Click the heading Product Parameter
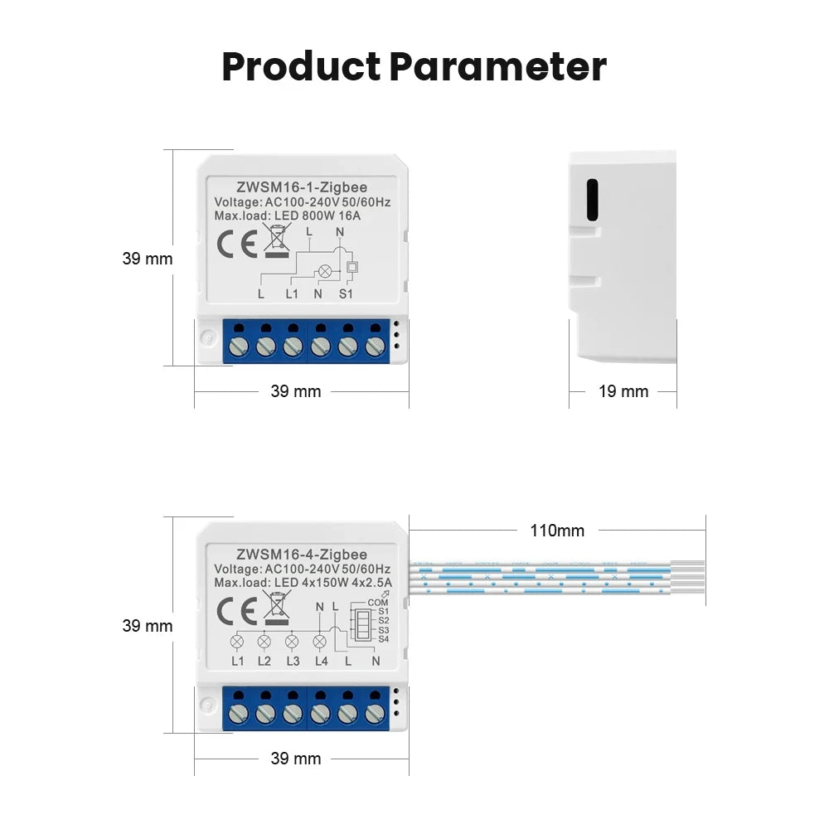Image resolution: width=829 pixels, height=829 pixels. point(414,66)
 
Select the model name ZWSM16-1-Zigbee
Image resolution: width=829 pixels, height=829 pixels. point(302,187)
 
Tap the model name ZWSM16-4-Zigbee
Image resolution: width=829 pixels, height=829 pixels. point(302,555)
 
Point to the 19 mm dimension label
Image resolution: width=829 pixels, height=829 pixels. point(623,391)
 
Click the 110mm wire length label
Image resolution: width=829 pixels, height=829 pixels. point(557,531)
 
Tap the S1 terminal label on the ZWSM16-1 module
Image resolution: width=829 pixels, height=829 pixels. point(347,293)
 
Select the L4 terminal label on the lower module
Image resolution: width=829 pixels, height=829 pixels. point(322,661)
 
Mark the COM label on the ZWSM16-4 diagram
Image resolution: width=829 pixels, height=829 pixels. point(377,603)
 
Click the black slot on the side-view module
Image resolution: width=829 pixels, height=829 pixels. point(592,200)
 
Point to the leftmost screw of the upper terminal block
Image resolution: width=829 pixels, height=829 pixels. point(238,347)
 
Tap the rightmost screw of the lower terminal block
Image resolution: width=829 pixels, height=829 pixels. point(375,713)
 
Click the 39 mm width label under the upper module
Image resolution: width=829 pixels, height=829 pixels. point(296,391)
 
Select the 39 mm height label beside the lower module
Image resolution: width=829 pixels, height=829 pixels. point(148,626)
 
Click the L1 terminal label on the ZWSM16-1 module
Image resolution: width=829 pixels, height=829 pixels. point(292,293)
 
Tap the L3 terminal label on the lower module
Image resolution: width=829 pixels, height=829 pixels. point(292,661)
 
